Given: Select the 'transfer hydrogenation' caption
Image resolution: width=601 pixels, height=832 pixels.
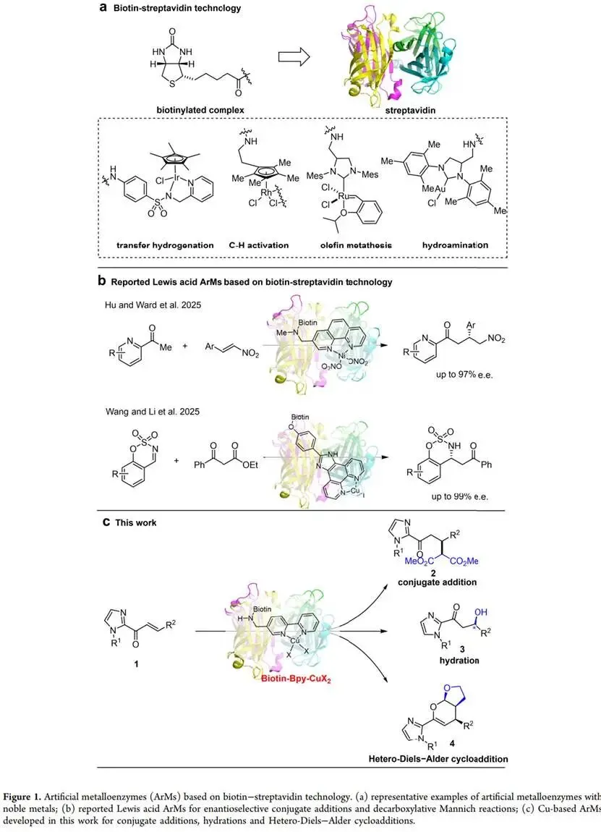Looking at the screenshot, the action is (x=165, y=245).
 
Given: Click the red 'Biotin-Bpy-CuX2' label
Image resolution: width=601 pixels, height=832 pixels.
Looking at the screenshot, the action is (x=299, y=679).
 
